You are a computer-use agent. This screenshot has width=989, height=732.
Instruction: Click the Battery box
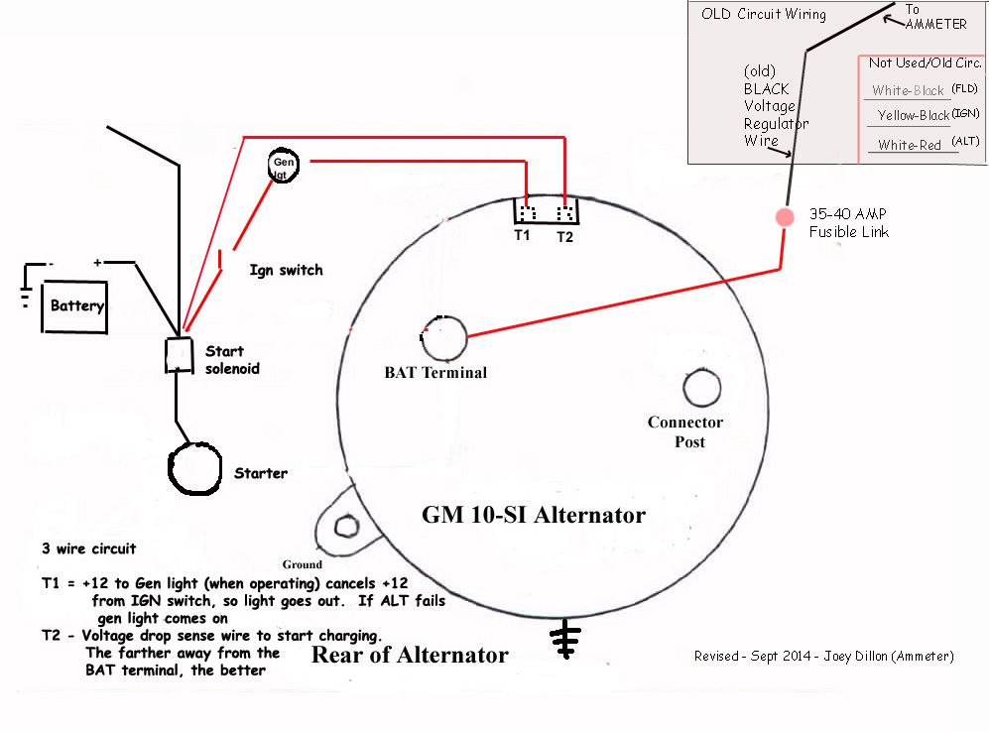(x=76, y=305)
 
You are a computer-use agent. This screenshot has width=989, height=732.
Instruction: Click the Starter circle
(x=196, y=468)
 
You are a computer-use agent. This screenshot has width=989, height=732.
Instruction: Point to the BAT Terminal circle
(x=442, y=338)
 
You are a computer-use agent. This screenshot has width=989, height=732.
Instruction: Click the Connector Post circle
(x=701, y=388)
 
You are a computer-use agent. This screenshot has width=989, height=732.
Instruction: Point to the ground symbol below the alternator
(x=566, y=641)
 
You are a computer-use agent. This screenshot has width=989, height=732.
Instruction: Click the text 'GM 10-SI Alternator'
(x=534, y=515)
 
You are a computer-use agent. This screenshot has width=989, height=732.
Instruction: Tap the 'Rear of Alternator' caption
(x=410, y=655)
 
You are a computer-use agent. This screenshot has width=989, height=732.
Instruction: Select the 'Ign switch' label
(x=286, y=270)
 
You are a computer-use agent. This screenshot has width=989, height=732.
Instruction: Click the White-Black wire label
(x=908, y=90)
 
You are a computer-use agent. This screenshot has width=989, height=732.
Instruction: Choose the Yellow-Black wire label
(x=913, y=116)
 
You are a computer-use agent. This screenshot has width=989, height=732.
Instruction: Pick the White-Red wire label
(x=909, y=145)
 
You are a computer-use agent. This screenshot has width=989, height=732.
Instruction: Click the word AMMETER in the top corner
(x=934, y=24)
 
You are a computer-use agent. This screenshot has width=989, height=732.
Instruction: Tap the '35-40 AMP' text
(x=847, y=213)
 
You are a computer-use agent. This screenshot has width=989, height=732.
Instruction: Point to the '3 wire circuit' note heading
(x=88, y=549)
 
